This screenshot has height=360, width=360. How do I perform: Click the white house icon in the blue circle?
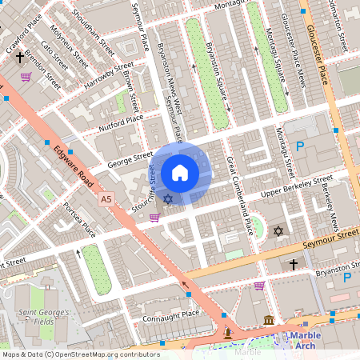click(180, 172)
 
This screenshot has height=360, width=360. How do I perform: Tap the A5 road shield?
click(107, 198)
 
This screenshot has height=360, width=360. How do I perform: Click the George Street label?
click(131, 160)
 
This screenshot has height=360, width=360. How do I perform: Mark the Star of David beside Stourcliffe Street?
click(167, 198)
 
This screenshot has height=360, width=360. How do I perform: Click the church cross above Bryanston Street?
click(294, 263)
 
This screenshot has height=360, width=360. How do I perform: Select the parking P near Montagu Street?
click(301, 146)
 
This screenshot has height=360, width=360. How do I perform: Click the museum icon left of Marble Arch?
click(267, 320)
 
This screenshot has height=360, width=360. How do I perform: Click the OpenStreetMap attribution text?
click(80, 354)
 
